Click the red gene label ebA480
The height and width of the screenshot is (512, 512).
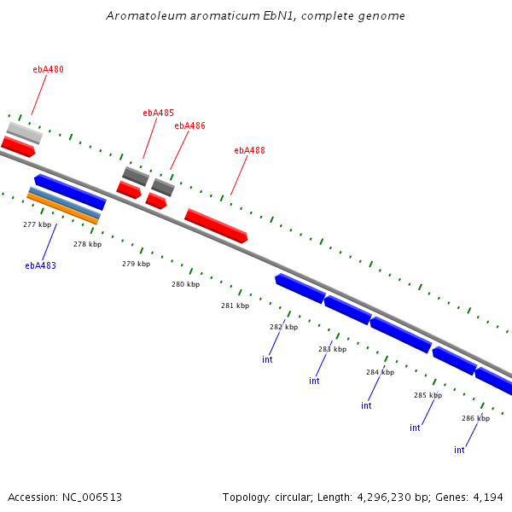tap(48, 70)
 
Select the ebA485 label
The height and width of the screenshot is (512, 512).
tap(158, 113)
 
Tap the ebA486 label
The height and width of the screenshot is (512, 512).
tap(189, 125)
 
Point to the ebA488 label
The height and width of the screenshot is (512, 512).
tap(249, 151)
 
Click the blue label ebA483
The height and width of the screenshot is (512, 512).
tap(40, 265)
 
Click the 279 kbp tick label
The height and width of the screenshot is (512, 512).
tap(136, 264)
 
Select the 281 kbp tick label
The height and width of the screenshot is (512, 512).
tap(235, 305)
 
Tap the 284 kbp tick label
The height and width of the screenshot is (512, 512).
tap(380, 372)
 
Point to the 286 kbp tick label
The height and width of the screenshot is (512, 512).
tap(475, 418)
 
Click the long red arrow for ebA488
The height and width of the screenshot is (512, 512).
tap(216, 225)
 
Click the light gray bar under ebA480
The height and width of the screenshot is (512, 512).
tap(25, 132)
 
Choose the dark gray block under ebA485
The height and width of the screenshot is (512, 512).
tap(135, 176)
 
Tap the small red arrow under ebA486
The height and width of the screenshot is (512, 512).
tap(155, 201)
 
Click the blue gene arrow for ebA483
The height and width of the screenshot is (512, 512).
tap(70, 191)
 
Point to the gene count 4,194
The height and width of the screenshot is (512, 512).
tap(487, 497)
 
